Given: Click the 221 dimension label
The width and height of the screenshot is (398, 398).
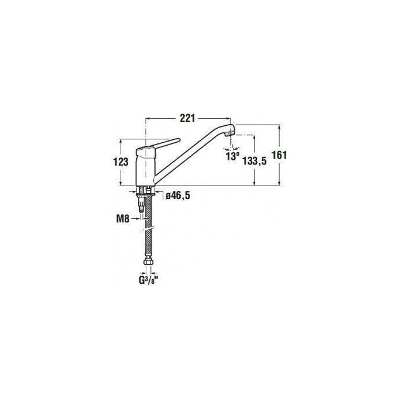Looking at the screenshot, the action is (187, 118).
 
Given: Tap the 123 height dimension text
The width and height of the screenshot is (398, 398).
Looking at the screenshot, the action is (121, 162).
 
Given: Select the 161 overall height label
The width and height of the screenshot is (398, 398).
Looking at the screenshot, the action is (279, 155).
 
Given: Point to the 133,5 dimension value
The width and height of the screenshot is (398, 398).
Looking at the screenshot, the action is (255, 161).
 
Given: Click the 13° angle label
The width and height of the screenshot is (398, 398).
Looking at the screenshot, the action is (232, 156).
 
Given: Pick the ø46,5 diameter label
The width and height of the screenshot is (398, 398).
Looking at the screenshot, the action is (178, 195).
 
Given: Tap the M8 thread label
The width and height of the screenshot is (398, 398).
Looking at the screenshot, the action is (123, 219).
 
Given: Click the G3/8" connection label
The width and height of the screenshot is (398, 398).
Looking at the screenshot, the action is (149, 280).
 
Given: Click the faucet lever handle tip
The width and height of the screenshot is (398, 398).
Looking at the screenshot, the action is (179, 139).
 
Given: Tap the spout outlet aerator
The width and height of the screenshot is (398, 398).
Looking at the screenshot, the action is (231, 133).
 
